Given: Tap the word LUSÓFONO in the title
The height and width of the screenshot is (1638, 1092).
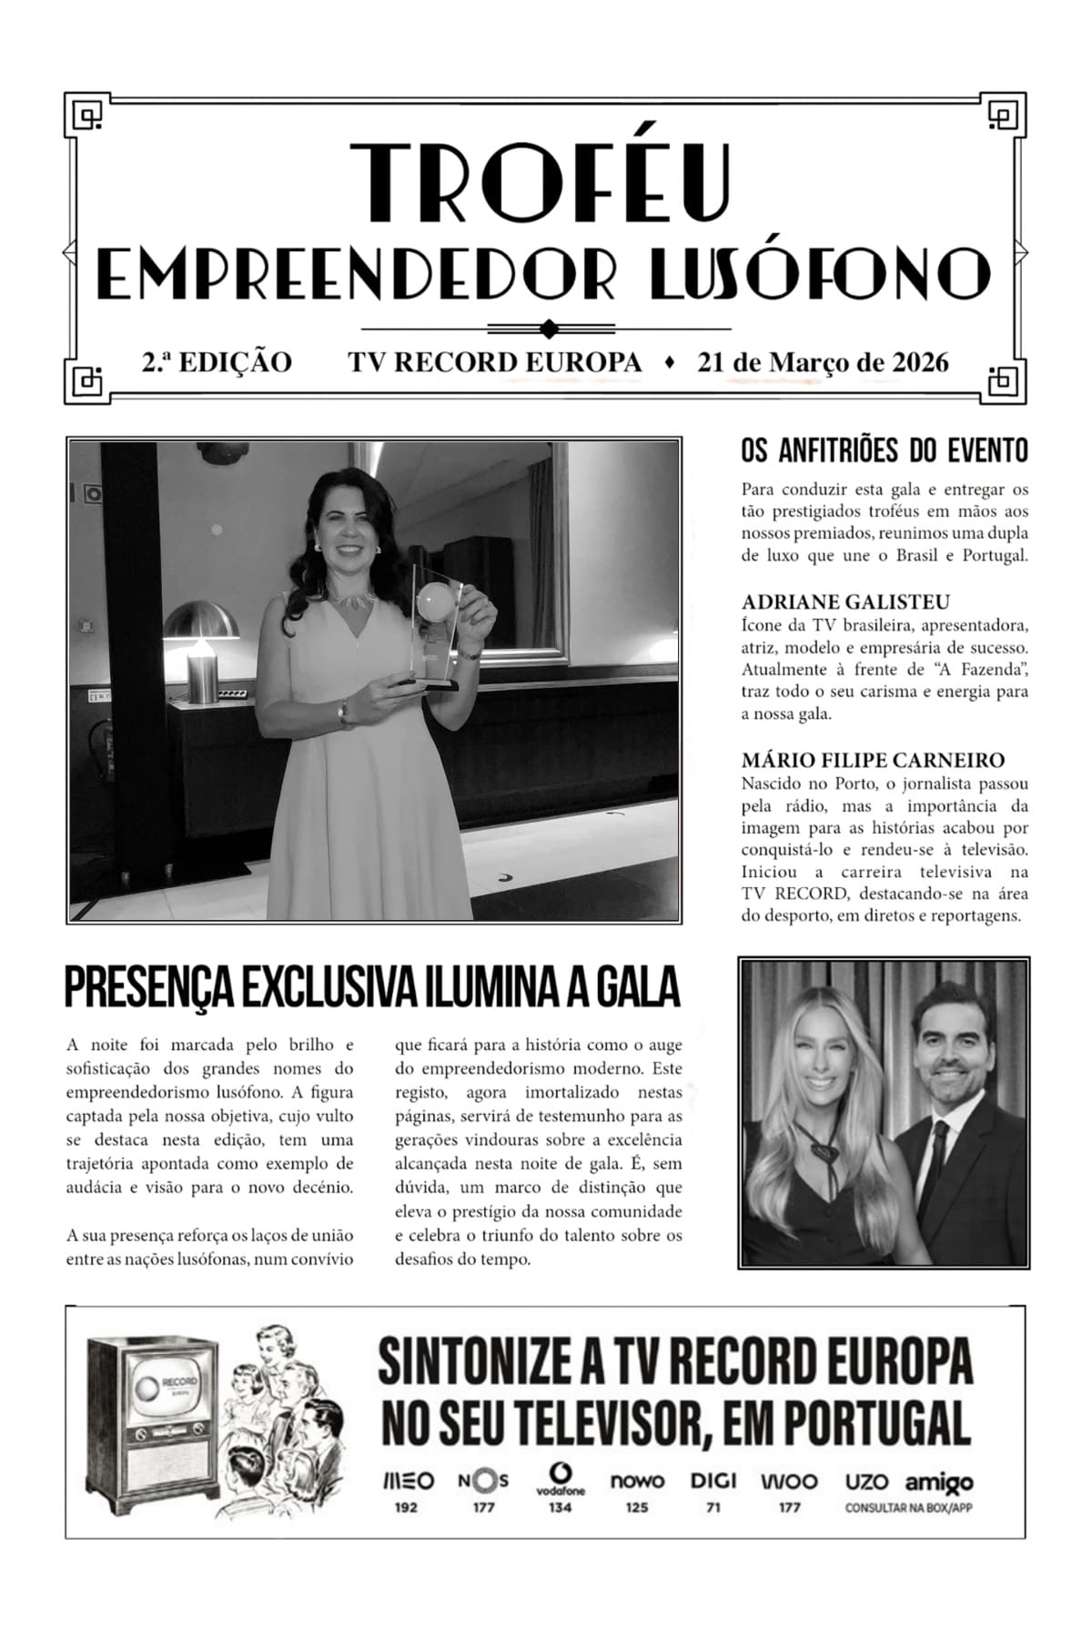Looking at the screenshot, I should click(820, 272).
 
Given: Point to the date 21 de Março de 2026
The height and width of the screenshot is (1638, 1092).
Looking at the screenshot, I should click(823, 362).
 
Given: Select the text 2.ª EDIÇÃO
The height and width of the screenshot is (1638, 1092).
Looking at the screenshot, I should click(217, 362).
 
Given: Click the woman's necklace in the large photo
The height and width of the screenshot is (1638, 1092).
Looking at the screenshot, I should click(351, 600).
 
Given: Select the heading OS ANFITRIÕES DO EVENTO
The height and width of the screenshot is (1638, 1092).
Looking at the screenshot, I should click(885, 450).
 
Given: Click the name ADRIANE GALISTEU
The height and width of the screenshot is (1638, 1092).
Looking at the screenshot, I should click(845, 602).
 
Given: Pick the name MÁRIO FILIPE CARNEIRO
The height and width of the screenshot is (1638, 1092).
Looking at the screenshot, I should click(873, 760).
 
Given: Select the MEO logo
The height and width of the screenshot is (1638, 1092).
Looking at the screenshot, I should click(407, 1481).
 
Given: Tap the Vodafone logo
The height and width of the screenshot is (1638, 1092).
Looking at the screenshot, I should click(560, 1478).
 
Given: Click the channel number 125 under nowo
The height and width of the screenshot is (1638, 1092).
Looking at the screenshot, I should click(637, 1508).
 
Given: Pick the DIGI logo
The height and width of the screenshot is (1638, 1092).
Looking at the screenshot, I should click(713, 1481).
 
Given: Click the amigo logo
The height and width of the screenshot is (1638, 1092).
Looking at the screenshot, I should click(939, 1483).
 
